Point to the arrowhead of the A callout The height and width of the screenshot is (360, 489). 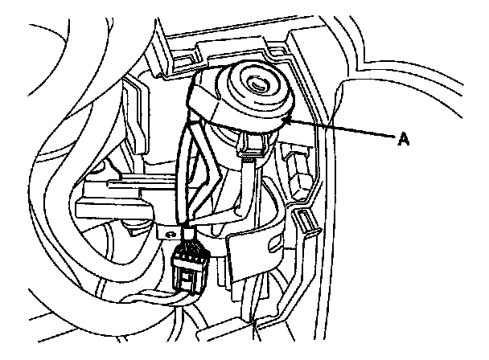284,118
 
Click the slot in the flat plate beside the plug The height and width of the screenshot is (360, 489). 240,241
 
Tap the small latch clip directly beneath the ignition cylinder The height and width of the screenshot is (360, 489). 254,145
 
